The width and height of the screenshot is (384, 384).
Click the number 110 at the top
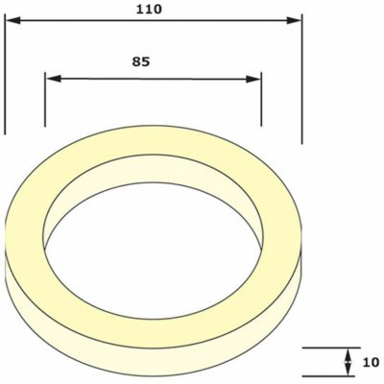click(x=149, y=10)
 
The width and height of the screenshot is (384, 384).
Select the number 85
click(x=141, y=61)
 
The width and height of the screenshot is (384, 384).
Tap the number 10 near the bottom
click(x=371, y=363)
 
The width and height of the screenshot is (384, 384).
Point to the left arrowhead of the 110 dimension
click(x=13, y=21)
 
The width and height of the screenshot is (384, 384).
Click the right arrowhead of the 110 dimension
click(x=294, y=21)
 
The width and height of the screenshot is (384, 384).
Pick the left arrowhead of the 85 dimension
click(x=54, y=79)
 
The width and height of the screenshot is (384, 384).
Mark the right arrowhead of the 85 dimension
click(x=253, y=79)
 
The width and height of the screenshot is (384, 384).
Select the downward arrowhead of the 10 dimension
click(x=348, y=369)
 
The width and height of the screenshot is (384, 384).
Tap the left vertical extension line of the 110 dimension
click(x=5, y=74)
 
